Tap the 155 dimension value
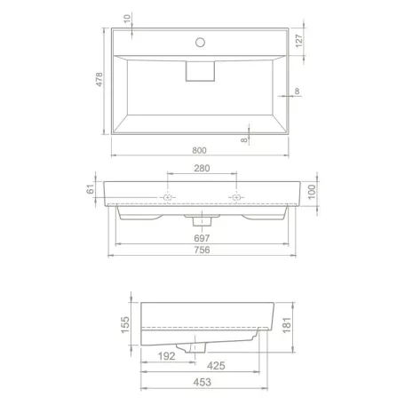pyautogui.click(x=125, y=324)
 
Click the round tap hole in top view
pyautogui.click(x=200, y=41)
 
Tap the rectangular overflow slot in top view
pyautogui.click(x=200, y=71)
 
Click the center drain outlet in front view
pyautogui.click(x=200, y=215)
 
